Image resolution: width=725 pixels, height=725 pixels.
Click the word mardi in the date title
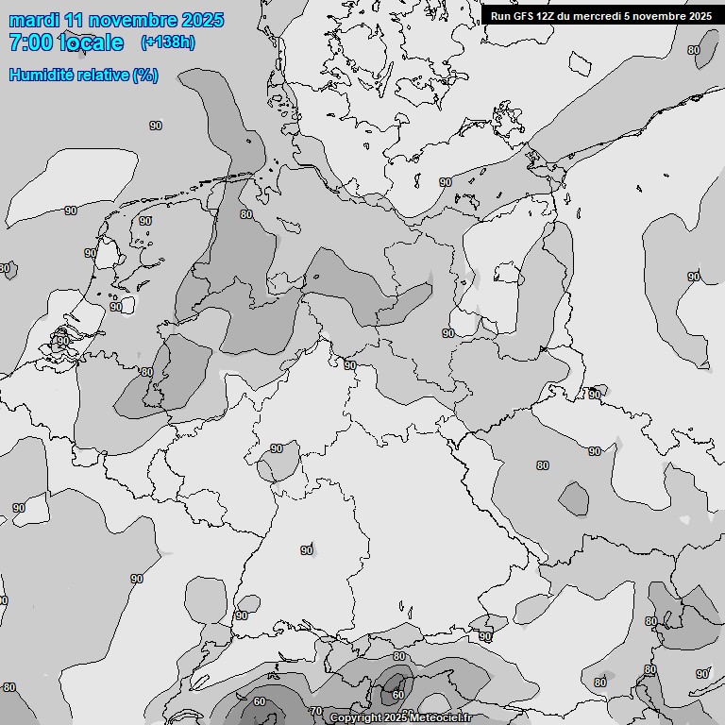(x=36, y=20)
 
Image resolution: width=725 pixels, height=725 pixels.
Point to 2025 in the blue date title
(x=199, y=20)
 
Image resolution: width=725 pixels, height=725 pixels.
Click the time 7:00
(x=30, y=42)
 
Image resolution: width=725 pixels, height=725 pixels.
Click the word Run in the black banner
(x=501, y=16)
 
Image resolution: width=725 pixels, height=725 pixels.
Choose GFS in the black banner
(x=525, y=16)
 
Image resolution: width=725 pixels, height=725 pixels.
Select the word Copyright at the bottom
(x=356, y=718)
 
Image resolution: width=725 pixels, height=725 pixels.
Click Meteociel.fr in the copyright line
(x=440, y=718)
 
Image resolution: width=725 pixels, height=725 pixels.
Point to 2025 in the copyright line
(x=396, y=718)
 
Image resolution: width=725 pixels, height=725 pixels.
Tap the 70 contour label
(x=316, y=711)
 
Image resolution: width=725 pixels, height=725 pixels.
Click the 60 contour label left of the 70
(x=260, y=702)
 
